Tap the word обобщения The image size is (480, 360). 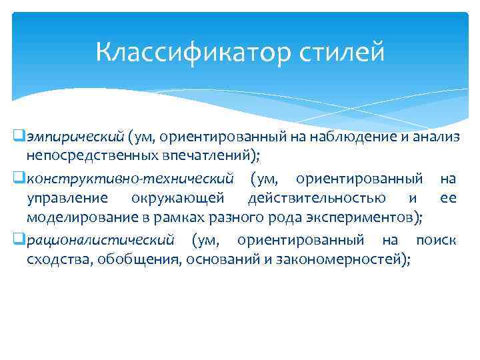(138, 259)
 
